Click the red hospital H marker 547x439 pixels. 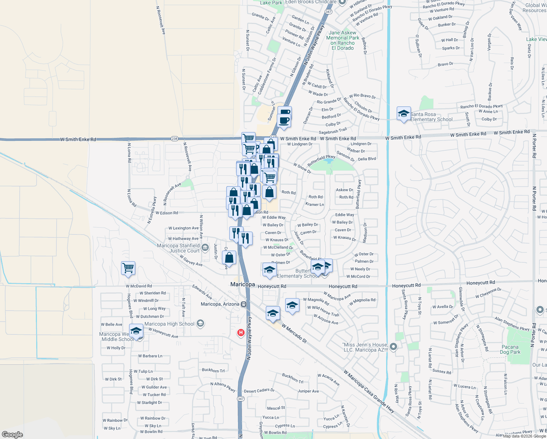click(241, 333)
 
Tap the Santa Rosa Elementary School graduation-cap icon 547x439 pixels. click(404, 114)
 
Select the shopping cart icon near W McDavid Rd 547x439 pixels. click(128, 268)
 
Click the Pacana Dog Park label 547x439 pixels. click(510, 349)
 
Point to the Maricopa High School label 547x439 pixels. click(169, 324)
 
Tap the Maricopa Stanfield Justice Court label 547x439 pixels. click(178, 248)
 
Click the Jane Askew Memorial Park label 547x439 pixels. click(343, 40)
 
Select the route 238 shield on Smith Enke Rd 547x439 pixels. click(174, 139)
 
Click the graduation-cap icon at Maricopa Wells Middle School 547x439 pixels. click(136, 331)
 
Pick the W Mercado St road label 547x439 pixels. click(294, 333)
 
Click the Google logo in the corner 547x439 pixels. click(12, 435)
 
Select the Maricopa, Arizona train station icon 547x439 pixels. click(244, 304)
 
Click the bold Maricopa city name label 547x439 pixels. click(242, 284)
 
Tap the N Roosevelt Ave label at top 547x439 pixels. click(161, 20)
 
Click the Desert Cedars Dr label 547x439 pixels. click(259, 391)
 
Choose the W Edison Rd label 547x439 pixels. click(167, 213)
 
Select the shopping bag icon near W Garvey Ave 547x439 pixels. click(229, 258)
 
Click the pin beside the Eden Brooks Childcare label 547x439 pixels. click(342, 2)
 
